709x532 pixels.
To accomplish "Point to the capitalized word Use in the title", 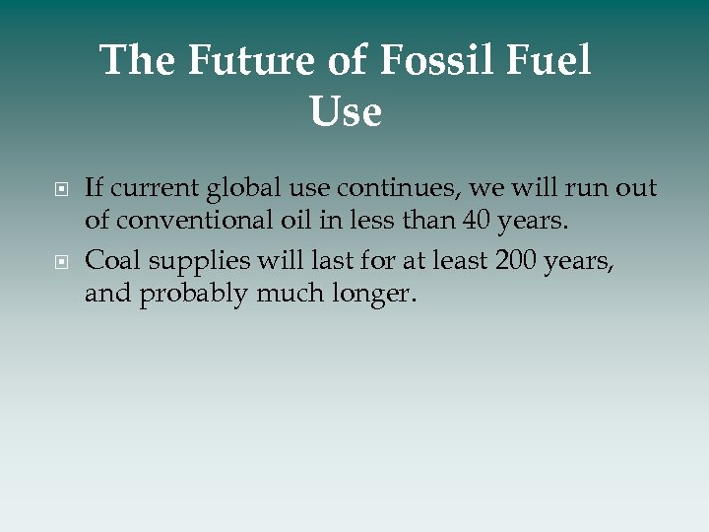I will click(x=345, y=111).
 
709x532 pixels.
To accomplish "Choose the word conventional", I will click(x=202, y=222).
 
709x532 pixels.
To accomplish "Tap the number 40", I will click(x=480, y=222).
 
